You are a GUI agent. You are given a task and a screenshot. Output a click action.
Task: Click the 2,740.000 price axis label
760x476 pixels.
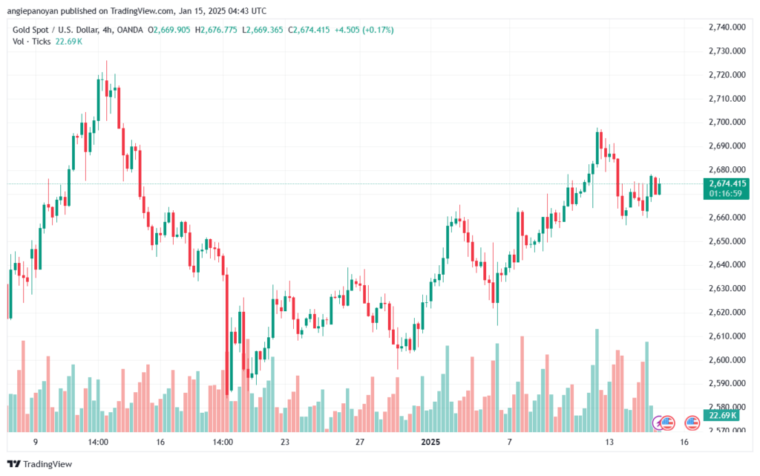click(727, 27)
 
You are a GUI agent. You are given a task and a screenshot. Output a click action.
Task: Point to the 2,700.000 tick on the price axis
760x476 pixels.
click(727, 122)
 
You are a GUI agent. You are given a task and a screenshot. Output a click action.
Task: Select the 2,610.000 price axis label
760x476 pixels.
click(727, 336)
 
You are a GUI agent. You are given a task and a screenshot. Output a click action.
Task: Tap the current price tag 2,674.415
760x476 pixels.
click(727, 183)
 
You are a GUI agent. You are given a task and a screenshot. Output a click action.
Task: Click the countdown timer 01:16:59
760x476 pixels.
click(725, 194)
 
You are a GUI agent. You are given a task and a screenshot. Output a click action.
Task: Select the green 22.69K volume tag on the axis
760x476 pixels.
click(722, 415)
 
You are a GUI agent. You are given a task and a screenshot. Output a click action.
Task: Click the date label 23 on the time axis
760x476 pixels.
click(285, 442)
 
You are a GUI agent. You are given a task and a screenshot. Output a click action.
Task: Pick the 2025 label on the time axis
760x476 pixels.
click(430, 442)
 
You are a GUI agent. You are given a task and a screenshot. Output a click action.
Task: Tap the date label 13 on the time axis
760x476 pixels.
click(609, 442)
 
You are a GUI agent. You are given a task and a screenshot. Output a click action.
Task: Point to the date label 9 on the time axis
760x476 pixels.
click(36, 442)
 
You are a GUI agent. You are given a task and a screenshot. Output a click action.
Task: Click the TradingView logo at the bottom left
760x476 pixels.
click(40, 464)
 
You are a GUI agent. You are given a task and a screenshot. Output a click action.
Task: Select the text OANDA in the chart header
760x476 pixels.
click(130, 30)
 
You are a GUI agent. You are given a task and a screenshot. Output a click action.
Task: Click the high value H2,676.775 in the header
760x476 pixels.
click(216, 30)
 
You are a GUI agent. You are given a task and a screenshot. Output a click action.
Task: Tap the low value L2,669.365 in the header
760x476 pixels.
click(262, 30)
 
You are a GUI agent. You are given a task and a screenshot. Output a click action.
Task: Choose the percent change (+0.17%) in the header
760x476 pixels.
click(378, 30)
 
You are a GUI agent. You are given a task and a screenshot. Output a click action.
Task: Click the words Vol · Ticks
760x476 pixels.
click(31, 42)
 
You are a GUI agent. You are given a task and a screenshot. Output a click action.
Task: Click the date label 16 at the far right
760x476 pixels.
click(684, 442)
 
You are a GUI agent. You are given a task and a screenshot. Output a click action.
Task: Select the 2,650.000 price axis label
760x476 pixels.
click(727, 241)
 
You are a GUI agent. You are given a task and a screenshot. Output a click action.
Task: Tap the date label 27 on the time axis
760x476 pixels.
click(360, 442)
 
